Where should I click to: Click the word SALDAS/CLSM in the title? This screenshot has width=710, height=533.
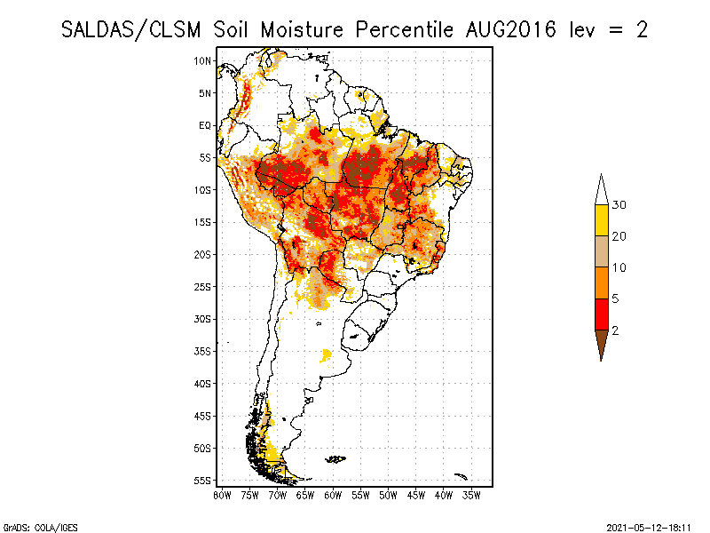click(133, 29)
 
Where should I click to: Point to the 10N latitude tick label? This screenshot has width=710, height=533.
click(203, 60)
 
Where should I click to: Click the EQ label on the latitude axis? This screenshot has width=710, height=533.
click(205, 125)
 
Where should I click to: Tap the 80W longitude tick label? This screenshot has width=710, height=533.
click(223, 494)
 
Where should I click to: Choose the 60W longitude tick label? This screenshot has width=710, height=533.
click(334, 494)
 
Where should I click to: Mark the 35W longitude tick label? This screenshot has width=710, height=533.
click(472, 494)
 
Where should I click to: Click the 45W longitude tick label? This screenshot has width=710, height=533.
click(417, 494)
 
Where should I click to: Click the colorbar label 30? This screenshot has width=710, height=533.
click(619, 205)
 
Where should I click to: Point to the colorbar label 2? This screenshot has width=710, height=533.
click(615, 330)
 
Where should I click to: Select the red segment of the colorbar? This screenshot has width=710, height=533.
click(602, 314)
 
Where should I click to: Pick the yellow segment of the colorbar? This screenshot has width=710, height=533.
click(602, 220)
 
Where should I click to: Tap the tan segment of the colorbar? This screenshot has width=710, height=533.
click(602, 251)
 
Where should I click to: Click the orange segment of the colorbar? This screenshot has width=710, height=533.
click(602, 282)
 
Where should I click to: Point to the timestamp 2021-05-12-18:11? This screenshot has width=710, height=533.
click(648, 526)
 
